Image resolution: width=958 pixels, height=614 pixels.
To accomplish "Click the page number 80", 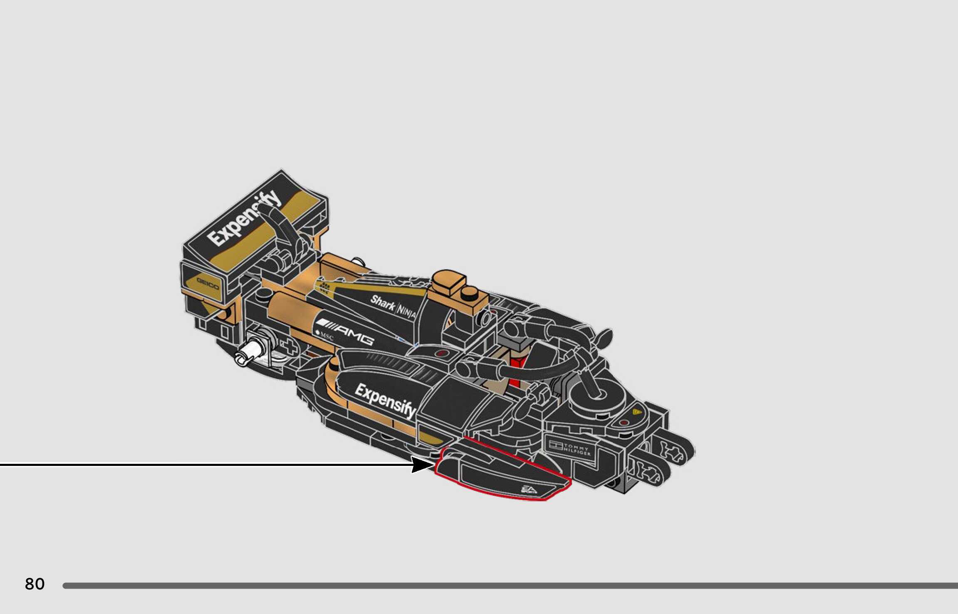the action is [35, 584].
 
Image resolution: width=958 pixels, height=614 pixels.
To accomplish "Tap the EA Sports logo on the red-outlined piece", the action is [529, 490].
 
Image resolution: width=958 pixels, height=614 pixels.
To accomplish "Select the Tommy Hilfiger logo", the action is [569, 447].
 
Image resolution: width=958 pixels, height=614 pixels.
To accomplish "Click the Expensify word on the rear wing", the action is [244, 218].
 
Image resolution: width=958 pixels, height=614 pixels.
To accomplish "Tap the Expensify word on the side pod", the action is [385, 400].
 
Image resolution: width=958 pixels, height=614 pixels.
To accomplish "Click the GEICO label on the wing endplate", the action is [208, 284].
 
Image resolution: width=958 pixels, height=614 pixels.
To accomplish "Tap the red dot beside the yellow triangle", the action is [623, 423].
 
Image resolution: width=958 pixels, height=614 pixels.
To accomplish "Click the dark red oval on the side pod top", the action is [441, 354].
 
